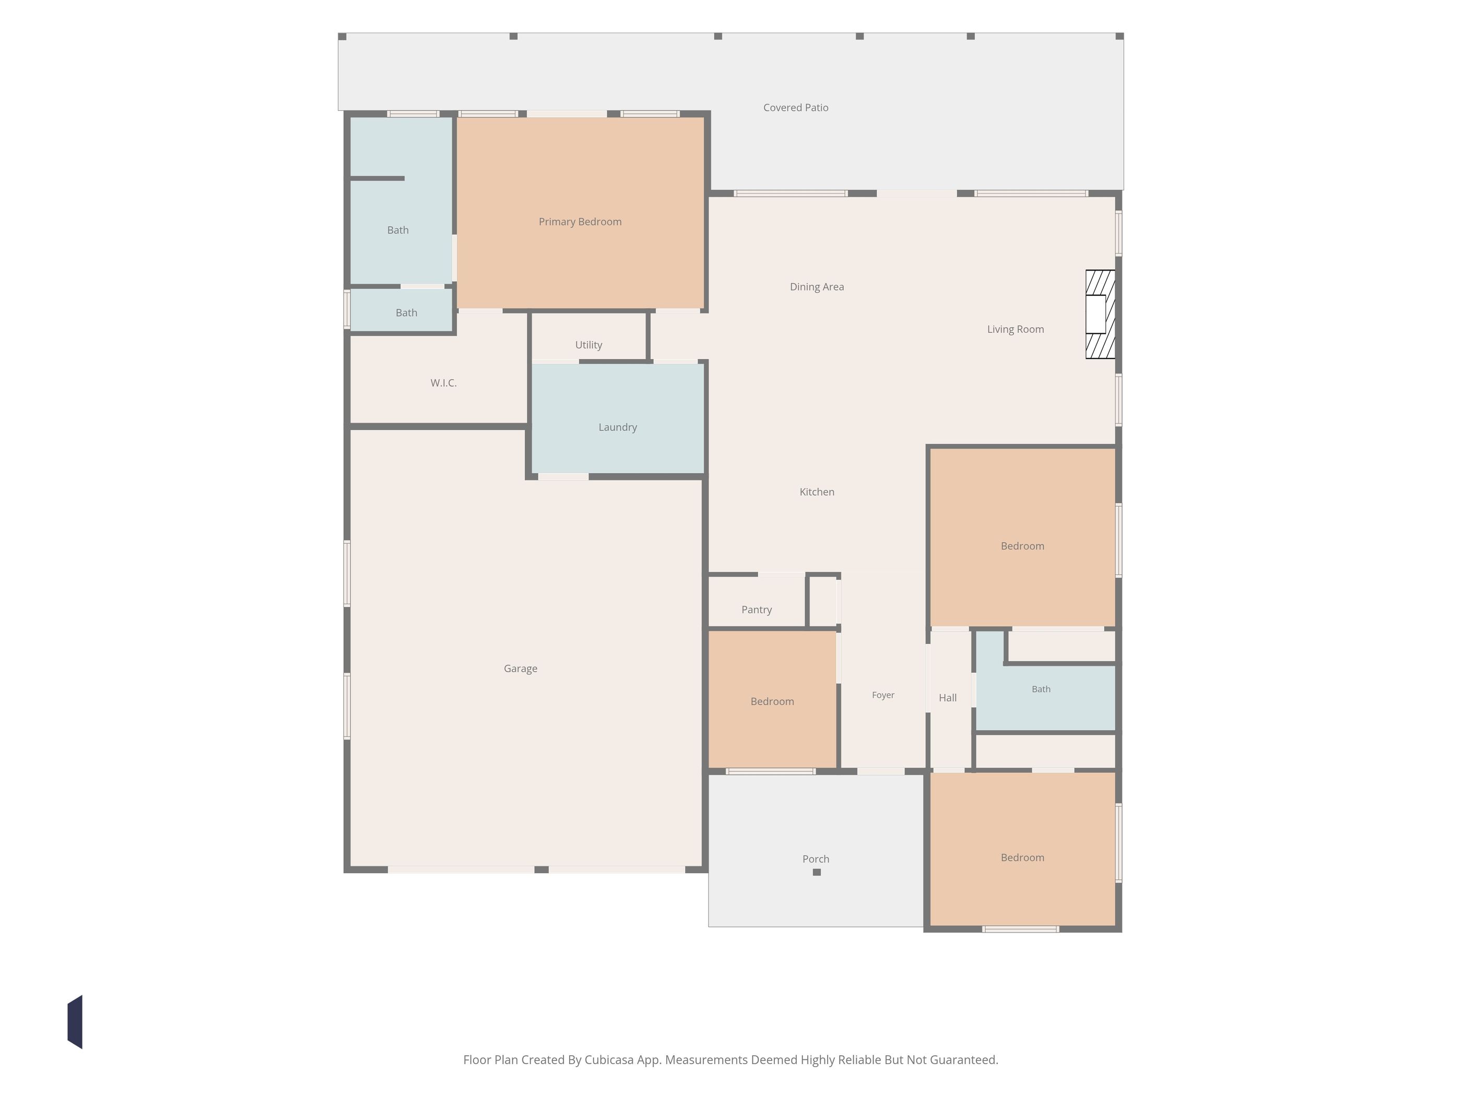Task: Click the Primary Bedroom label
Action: point(580,221)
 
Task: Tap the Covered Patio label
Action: point(795,107)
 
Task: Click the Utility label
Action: point(588,344)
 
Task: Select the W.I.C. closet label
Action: point(443,382)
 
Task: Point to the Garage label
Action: point(520,669)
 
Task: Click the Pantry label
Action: point(756,609)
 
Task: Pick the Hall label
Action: point(947,697)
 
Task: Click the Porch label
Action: point(815,858)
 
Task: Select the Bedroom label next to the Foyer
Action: point(771,701)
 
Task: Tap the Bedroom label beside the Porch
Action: point(1022,857)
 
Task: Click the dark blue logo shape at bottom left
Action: point(75,1022)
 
